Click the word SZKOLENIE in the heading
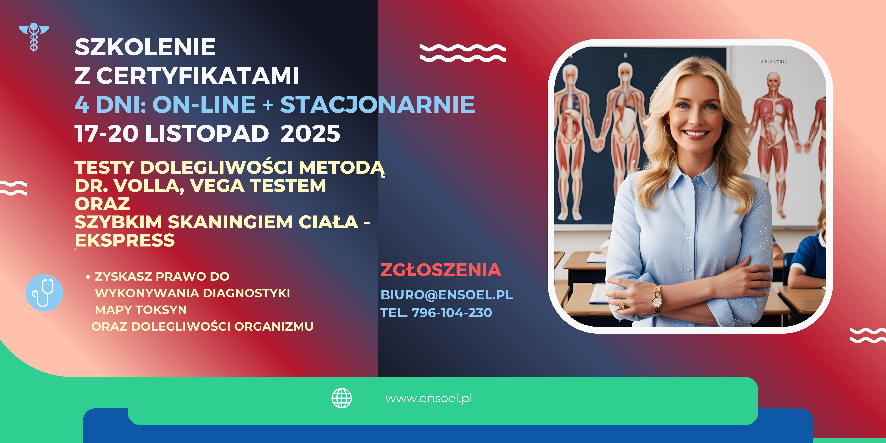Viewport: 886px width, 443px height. (x=145, y=47)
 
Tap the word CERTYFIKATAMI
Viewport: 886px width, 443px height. (x=197, y=76)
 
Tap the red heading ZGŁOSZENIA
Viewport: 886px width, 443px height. (x=441, y=270)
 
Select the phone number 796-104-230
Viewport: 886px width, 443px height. (x=452, y=313)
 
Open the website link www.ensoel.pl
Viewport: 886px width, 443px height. (x=429, y=398)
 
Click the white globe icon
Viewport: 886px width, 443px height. (x=341, y=398)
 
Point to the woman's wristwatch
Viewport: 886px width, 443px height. (x=657, y=299)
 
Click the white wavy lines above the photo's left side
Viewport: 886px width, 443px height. (x=463, y=53)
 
